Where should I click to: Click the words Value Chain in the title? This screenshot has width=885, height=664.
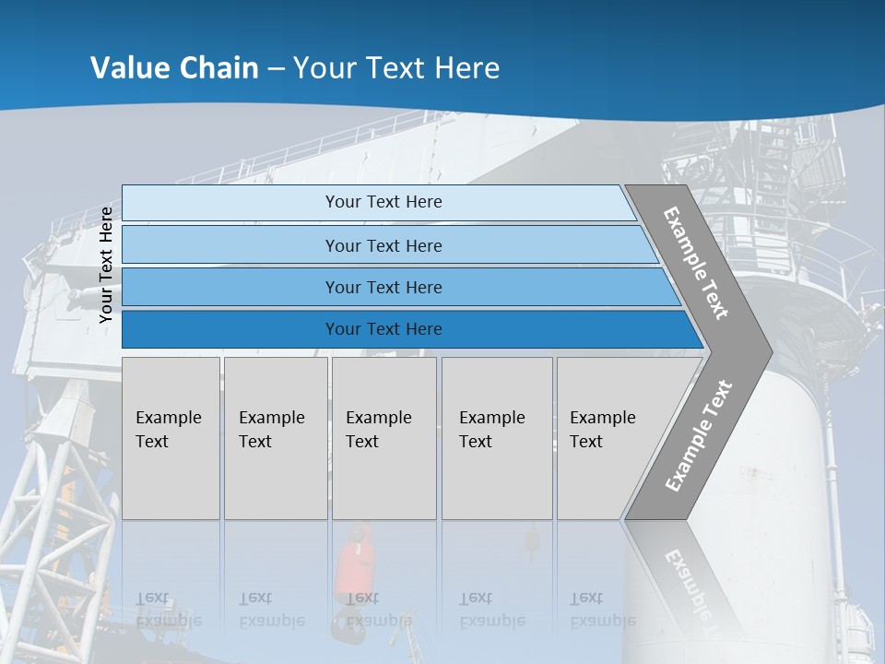click(174, 67)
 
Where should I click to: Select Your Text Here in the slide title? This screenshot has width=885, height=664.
click(396, 67)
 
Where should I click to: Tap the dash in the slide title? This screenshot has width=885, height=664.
click(276, 68)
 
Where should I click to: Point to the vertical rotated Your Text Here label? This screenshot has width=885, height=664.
click(106, 266)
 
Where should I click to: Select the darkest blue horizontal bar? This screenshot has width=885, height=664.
click(406, 329)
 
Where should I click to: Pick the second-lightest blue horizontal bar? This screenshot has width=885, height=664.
click(387, 245)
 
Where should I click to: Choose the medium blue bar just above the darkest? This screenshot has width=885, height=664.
click(396, 287)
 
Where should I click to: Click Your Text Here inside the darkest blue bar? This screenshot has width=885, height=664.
click(383, 329)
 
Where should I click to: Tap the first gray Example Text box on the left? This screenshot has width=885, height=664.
click(171, 438)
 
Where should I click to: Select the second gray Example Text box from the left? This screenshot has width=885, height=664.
click(275, 438)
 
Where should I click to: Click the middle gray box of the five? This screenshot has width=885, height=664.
click(383, 438)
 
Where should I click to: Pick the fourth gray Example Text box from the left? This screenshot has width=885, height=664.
click(496, 438)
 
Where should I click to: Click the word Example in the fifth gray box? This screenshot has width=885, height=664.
click(602, 418)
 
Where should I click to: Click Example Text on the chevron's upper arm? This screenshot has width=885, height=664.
click(696, 263)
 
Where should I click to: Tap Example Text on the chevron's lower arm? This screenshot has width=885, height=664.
click(698, 435)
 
